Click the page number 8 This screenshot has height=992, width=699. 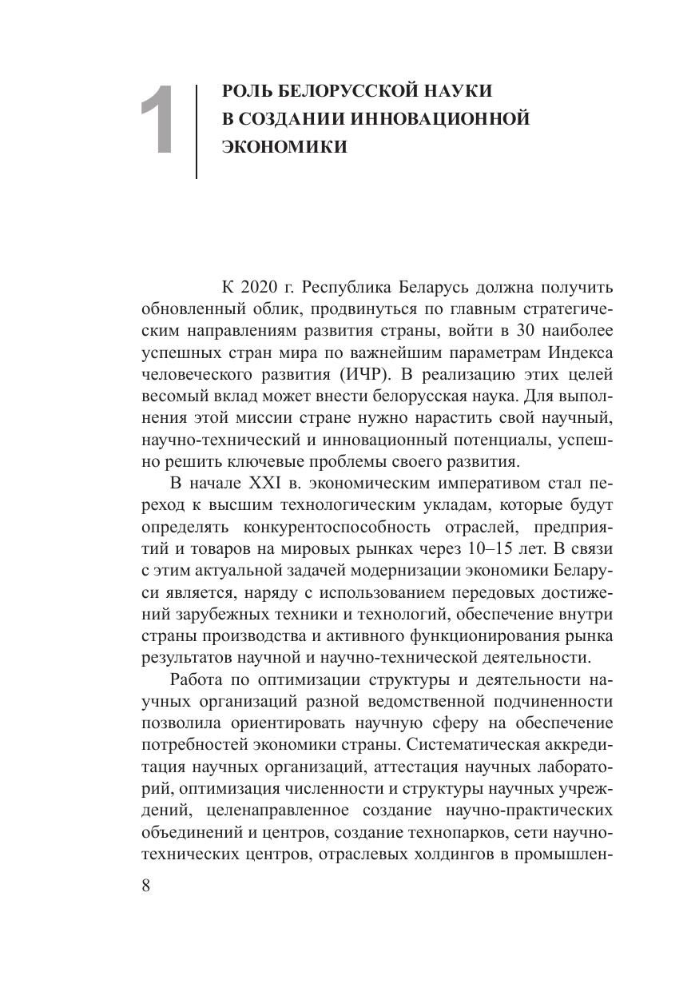(146, 888)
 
